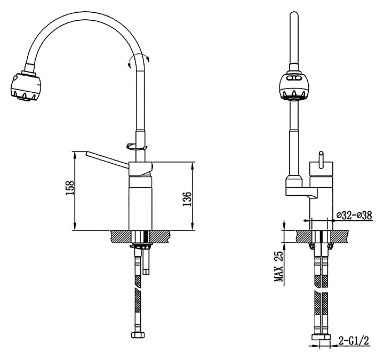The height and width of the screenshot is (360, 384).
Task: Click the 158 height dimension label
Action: pyautogui.click(x=70, y=188)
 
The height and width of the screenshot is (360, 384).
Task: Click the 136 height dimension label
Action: pyautogui.click(x=187, y=199)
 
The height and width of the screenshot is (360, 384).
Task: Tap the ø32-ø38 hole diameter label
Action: pyautogui.click(x=354, y=215)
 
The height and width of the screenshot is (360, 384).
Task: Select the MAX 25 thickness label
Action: pyautogui.click(x=278, y=267)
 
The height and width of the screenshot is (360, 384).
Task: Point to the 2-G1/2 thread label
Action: pyautogui.click(x=354, y=340)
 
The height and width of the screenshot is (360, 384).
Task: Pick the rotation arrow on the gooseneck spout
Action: pyautogui.click(x=138, y=60)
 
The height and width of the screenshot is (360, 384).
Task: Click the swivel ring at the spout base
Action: pyautogui.click(x=137, y=147)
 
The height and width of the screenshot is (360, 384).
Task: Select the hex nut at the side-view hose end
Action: pyautogui.click(x=138, y=335)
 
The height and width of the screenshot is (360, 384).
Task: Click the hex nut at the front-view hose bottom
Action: pyautogui.click(x=321, y=337)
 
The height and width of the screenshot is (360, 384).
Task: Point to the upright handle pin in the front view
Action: pyautogui.click(x=321, y=159)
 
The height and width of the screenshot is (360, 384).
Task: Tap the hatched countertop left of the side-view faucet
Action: pyautogui.click(x=120, y=237)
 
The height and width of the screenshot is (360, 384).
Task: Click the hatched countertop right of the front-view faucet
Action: pyautogui.click(x=340, y=237)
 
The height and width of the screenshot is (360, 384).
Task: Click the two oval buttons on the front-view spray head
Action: pyautogui.click(x=293, y=78)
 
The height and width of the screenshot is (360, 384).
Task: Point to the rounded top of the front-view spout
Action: pyautogui.click(x=293, y=15)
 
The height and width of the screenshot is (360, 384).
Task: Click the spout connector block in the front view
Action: pyautogui.click(x=302, y=186)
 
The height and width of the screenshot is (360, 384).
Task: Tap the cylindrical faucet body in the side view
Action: pyautogui.click(x=140, y=203)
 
